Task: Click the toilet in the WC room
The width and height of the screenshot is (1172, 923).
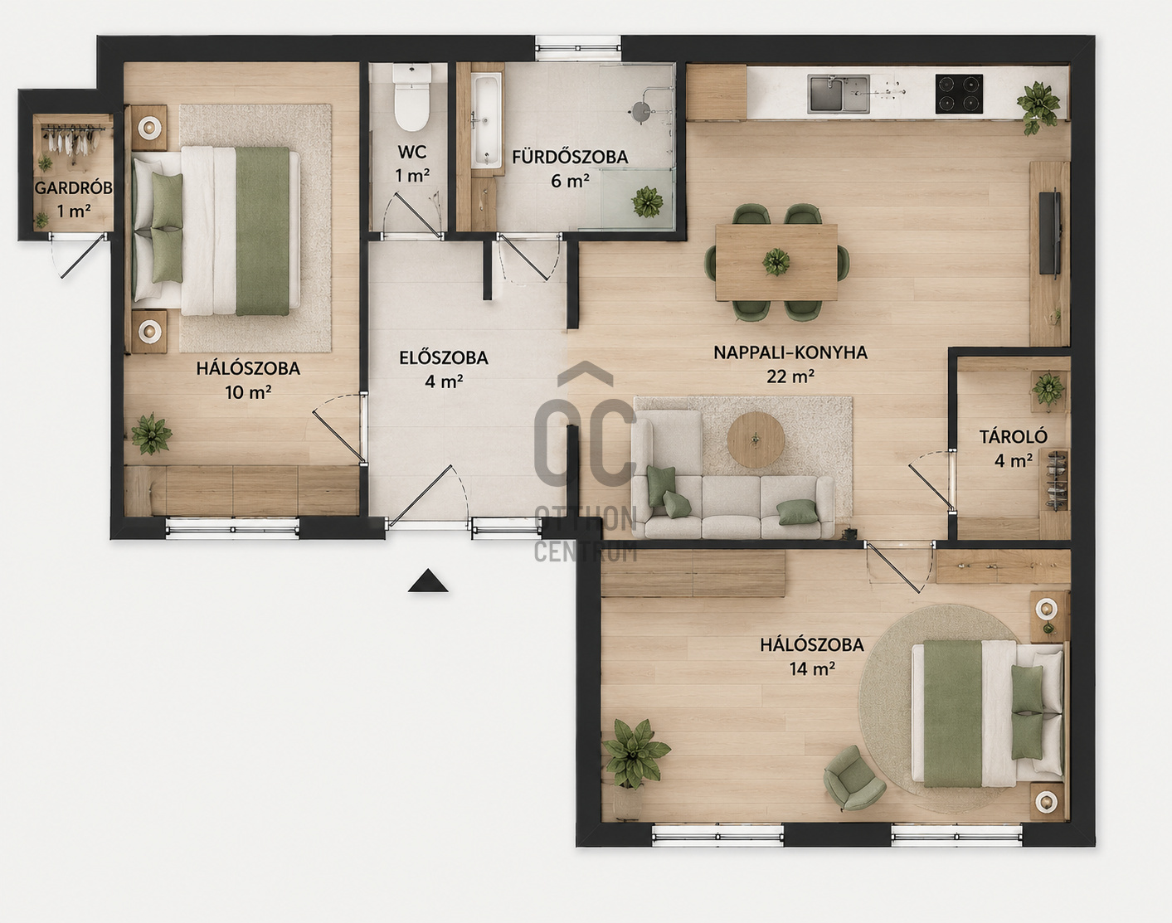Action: pos(412,98)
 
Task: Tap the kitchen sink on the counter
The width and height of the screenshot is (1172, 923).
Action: pos(839,95)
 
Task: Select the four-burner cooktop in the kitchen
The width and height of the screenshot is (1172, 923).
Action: pos(959,94)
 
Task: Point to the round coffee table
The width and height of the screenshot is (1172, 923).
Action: pos(756,440)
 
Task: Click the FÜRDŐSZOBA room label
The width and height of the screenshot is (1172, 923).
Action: pos(570,157)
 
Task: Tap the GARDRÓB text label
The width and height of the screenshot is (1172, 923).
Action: pos(74,188)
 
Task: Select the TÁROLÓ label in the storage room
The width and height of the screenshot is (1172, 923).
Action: pos(1014,436)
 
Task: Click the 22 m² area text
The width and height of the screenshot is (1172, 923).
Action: pos(790,376)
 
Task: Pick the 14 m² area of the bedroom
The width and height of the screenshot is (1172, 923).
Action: pos(812,668)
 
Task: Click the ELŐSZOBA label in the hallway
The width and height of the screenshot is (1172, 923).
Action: pos(444,357)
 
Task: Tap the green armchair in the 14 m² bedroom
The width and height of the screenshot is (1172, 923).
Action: pos(854,778)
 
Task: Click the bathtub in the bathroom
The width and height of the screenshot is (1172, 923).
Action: pos(485,121)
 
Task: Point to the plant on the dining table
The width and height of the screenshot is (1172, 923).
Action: pos(776,262)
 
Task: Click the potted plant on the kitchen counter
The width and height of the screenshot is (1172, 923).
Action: pos(1038,106)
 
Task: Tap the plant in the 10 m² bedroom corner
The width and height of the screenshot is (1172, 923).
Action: pos(151,434)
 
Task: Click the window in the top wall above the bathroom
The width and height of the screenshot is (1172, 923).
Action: pos(578,48)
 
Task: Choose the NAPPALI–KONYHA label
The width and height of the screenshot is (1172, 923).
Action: pos(790,352)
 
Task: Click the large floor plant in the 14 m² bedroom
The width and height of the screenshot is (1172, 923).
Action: pos(635,754)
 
